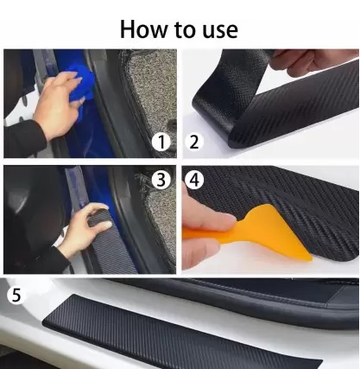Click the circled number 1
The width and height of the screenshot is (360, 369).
(161, 142)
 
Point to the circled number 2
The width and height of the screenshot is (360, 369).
(194, 142)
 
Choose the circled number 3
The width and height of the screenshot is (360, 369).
(161, 180)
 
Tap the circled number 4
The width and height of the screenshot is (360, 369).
(194, 180)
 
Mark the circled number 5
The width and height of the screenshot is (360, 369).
(16, 295)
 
